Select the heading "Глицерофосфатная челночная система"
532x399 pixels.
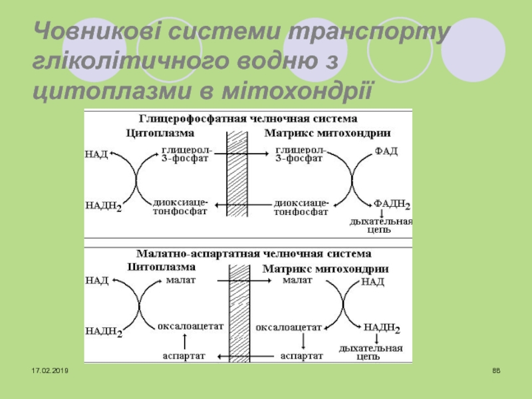[x=247, y=119]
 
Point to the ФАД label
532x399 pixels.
[x=386, y=152]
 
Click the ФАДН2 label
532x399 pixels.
[x=391, y=204]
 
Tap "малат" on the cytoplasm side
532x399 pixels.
[x=182, y=281]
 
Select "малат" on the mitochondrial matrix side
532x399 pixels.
[x=297, y=281]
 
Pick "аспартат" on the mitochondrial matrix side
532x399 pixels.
[x=301, y=356]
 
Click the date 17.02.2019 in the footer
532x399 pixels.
[x=51, y=369]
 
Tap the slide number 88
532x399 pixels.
[x=496, y=370]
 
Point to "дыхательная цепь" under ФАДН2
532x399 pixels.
[x=381, y=225]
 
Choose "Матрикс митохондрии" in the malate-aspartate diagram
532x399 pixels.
[x=326, y=269]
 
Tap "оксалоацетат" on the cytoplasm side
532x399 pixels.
[x=190, y=327]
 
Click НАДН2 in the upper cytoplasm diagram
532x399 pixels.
[x=103, y=206]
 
